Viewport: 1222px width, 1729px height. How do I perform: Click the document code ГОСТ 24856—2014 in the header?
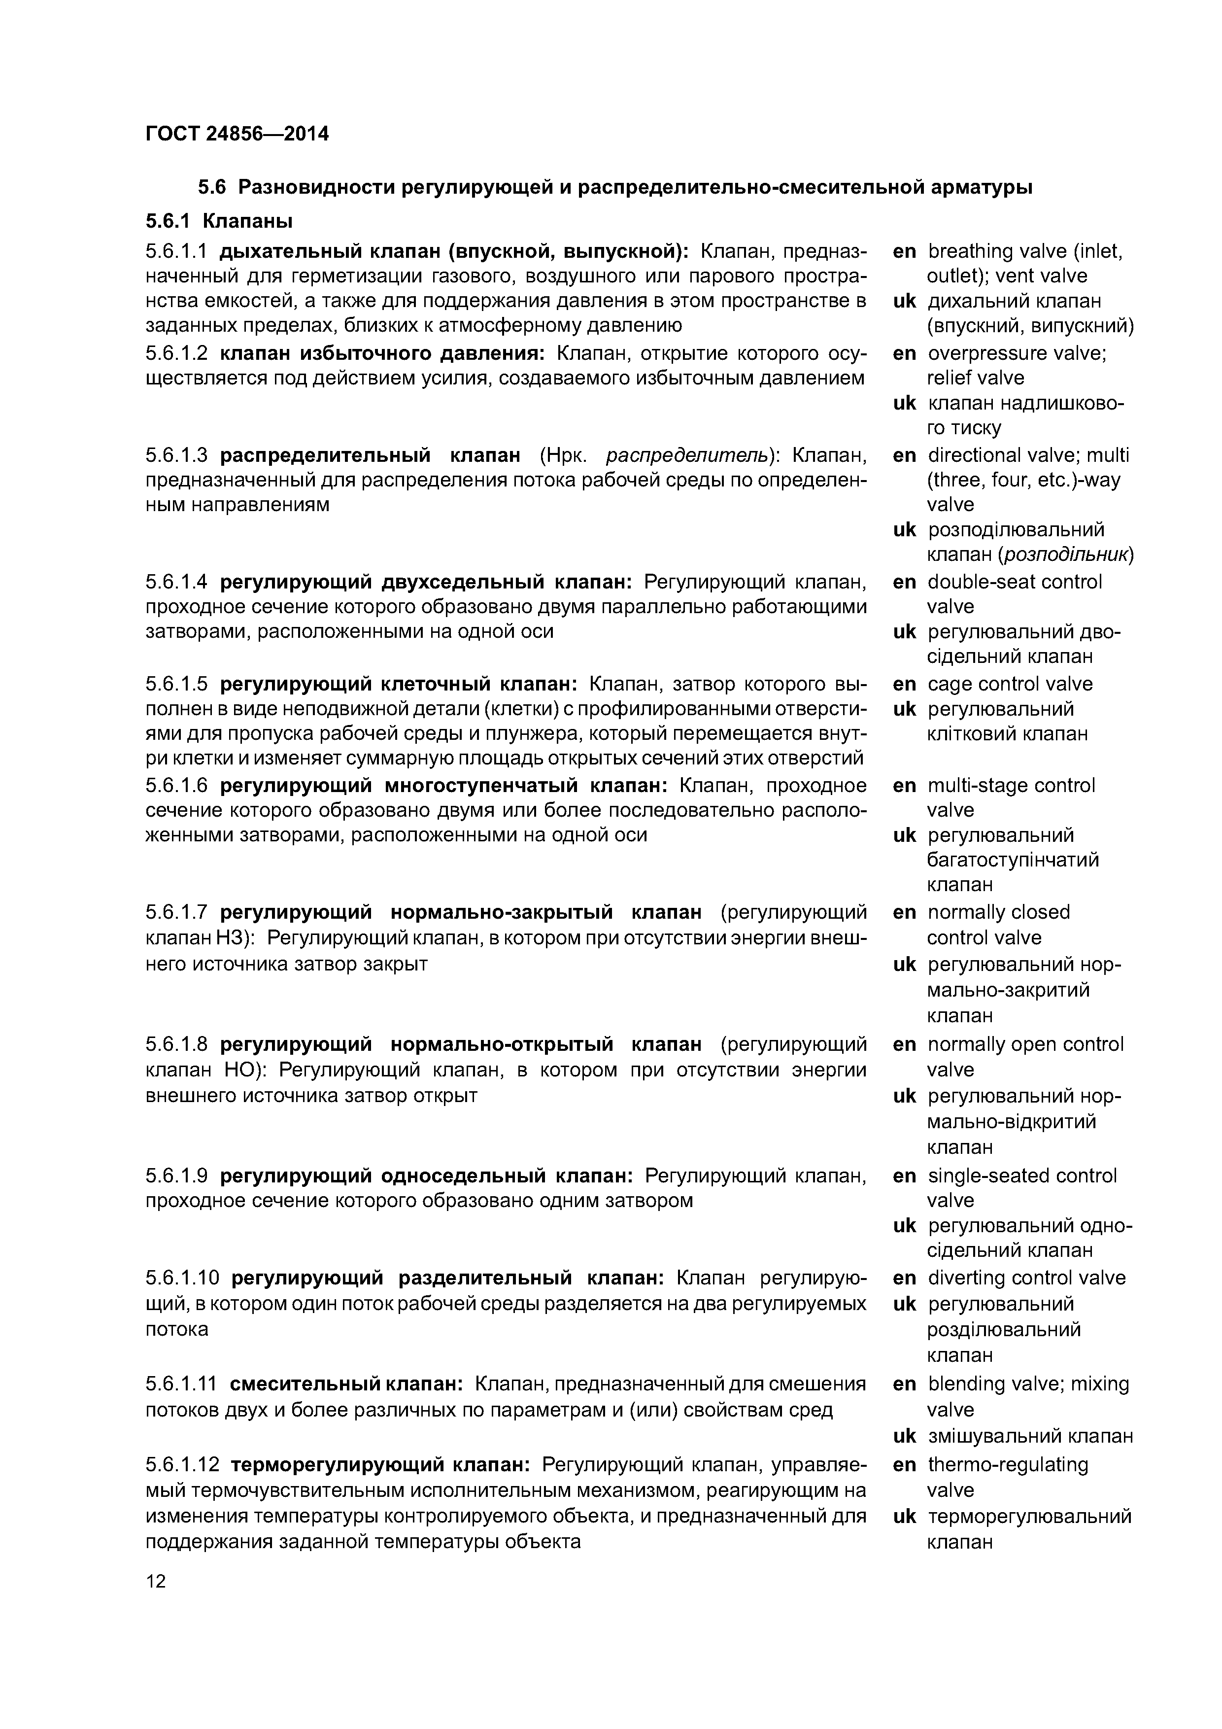tap(237, 134)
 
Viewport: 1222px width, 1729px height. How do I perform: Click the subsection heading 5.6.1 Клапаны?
tap(218, 221)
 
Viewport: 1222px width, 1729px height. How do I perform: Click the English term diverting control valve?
tap(1026, 1278)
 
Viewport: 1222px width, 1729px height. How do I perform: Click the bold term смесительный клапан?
tap(345, 1383)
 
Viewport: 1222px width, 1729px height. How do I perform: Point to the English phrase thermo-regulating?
tap(1008, 1465)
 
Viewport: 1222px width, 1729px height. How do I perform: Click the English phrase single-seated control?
tap(1022, 1176)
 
